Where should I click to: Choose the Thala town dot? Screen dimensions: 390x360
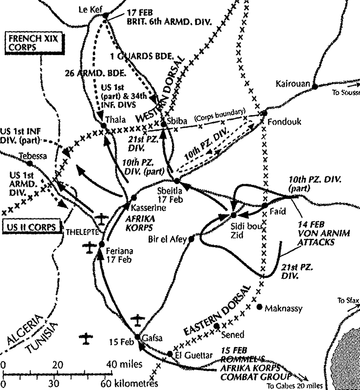click(103, 126)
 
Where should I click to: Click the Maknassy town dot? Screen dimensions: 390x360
click(259, 307)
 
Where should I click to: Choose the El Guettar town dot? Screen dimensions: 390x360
click(170, 354)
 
